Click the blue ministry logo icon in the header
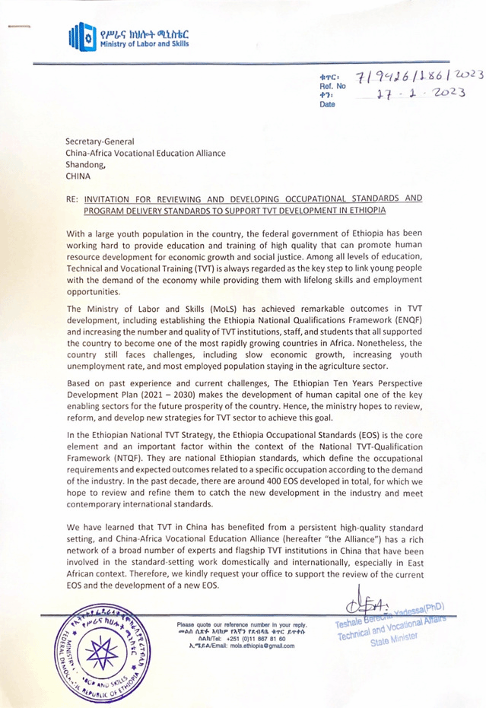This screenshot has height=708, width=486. (x=79, y=36)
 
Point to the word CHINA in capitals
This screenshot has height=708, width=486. (x=78, y=176)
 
